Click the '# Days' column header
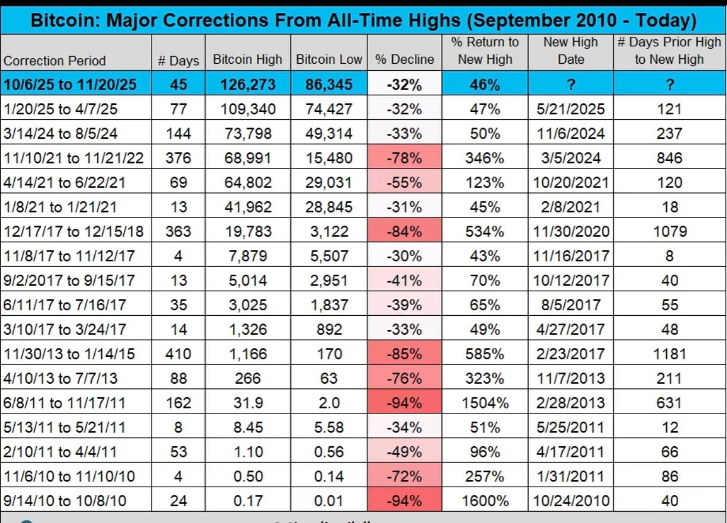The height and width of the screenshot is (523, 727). point(178,60)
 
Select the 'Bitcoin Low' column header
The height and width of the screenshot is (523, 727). point(329,60)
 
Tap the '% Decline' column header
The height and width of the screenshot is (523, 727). point(405,60)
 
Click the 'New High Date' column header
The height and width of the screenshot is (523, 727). point(571,51)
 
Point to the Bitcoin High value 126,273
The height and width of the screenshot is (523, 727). point(248,85)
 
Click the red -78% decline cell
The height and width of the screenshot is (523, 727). point(405,158)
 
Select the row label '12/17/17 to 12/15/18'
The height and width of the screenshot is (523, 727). point(74,231)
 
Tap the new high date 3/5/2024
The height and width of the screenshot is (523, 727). point(571,158)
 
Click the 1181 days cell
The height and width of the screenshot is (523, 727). point(670,354)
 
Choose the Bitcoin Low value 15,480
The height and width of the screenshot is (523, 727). point(329,158)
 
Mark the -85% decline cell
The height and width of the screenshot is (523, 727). point(405,354)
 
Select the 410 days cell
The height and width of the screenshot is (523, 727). point(178,354)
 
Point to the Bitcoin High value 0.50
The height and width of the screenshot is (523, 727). point(248,476)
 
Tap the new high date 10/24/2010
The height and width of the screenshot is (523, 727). point(571,500)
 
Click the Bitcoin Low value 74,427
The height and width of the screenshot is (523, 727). point(329,109)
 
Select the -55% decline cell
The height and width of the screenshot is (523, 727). point(405,182)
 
